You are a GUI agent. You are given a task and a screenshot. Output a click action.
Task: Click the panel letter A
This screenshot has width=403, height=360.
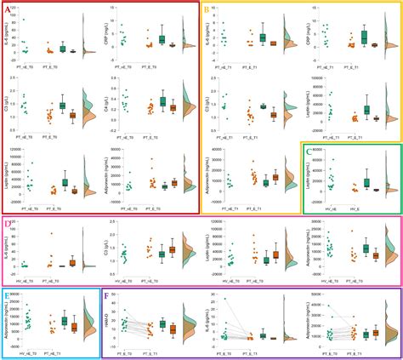(x=8, y=8)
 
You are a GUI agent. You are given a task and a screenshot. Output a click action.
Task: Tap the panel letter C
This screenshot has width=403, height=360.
(x=308, y=151)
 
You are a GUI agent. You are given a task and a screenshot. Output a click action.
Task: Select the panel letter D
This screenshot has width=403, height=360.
(x=8, y=225)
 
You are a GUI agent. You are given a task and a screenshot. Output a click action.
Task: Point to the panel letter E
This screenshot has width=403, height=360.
(x=8, y=296)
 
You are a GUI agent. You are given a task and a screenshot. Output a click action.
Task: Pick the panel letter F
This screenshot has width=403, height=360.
(x=106, y=296)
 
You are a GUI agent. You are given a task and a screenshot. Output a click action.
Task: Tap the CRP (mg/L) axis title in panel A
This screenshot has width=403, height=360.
(x=108, y=30)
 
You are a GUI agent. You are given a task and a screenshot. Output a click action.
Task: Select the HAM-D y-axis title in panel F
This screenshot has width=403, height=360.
(x=108, y=319)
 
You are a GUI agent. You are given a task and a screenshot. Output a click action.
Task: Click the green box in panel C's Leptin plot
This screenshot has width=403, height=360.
(x=367, y=182)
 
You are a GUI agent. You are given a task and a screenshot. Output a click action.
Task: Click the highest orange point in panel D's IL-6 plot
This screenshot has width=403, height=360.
(x=51, y=234)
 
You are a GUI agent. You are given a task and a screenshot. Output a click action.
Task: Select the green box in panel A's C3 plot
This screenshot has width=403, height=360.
(x=63, y=105)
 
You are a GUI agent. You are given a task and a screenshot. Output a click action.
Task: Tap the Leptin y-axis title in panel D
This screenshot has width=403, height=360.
(x=207, y=248)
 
